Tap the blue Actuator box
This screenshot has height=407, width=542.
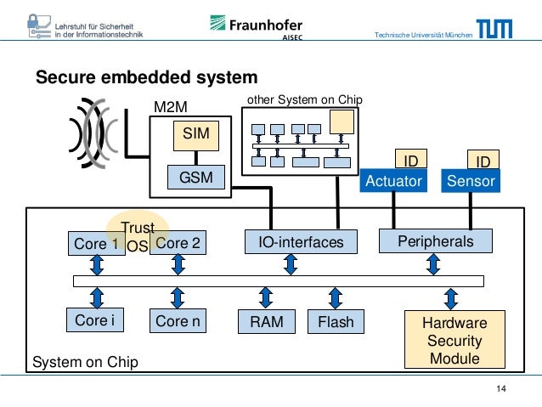pyautogui.click(x=392, y=181)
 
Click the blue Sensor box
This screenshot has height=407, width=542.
pyautogui.click(x=470, y=181)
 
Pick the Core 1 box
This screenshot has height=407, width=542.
pyautogui.click(x=95, y=243)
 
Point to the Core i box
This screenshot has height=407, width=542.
pyautogui.click(x=95, y=320)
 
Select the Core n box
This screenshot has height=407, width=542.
pyautogui.click(x=178, y=321)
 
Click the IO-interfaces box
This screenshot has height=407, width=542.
pyautogui.click(x=295, y=243)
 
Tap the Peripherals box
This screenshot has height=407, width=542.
pyautogui.click(x=435, y=241)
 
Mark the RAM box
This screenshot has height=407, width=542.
pyautogui.click(x=266, y=322)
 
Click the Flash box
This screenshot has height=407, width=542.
pyautogui.click(x=335, y=322)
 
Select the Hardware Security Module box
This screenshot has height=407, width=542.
pyautogui.click(x=454, y=341)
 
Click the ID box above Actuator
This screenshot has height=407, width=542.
pyautogui.click(x=410, y=161)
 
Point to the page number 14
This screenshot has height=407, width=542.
pyautogui.click(x=500, y=389)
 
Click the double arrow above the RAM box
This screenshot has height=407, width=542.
pyautogui.click(x=266, y=297)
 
